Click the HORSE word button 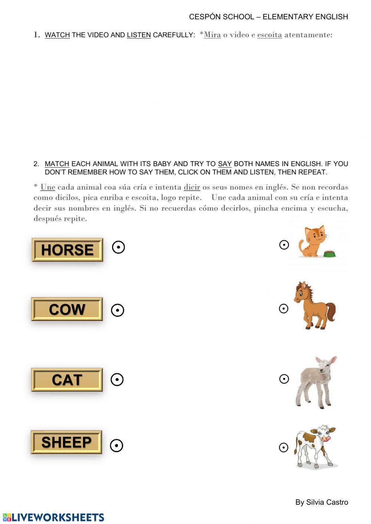tap(67, 250)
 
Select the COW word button tap(67, 309)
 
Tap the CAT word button tap(67, 380)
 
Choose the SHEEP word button tap(66, 442)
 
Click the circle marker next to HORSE tap(118, 247)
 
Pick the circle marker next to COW tap(118, 310)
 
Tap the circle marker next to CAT tap(117, 379)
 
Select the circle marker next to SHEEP tap(116, 445)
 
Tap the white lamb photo tap(316, 382)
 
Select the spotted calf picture tap(315, 446)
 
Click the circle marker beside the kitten tap(284, 245)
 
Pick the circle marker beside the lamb tap(284, 379)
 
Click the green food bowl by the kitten tap(329, 254)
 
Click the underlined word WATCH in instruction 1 tap(57, 35)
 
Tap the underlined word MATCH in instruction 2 tap(57, 164)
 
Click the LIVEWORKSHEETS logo tap(53, 517)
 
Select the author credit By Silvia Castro tap(322, 502)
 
